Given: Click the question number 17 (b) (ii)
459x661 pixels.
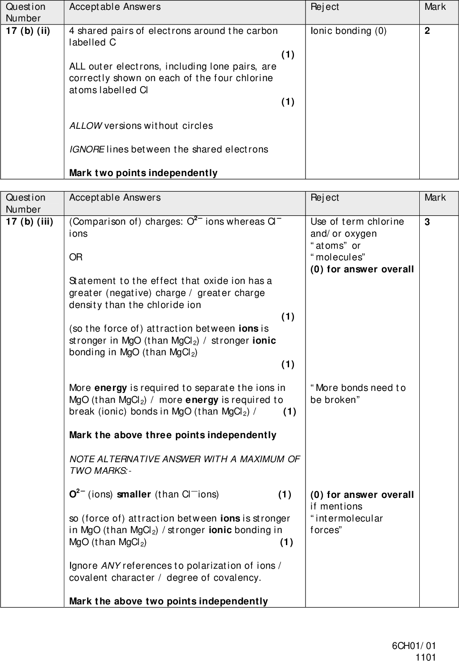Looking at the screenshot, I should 28,31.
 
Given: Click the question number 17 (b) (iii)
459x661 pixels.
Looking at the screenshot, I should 29,222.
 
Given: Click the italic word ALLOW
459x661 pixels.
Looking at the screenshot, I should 85,126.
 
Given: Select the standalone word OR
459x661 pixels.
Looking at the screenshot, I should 75,257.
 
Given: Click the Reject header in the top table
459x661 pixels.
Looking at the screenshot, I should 324,7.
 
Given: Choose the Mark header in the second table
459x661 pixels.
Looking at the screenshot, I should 434,197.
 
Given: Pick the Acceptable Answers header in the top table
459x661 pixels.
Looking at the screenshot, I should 115,7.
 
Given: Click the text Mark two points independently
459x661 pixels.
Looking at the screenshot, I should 143,173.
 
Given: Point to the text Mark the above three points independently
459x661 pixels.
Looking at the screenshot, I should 173,435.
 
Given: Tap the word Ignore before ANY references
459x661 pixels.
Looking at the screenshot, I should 83,566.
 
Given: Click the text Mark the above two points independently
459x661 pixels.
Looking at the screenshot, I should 169,601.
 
